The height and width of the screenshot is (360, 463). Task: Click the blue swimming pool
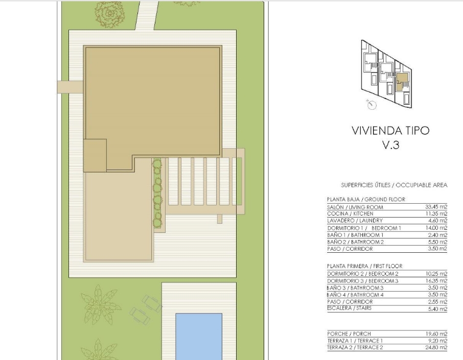click(x=199, y=337)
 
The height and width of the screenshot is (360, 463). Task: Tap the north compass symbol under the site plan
click(x=372, y=105)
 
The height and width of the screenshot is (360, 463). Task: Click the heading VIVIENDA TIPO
click(x=390, y=130)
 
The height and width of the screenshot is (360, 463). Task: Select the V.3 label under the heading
click(x=390, y=145)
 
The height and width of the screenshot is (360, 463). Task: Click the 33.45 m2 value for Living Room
click(x=436, y=207)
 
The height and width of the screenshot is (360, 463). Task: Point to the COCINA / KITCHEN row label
click(x=350, y=213)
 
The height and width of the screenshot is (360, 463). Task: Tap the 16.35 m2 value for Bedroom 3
click(x=436, y=281)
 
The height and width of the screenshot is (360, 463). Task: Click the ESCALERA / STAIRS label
click(x=350, y=308)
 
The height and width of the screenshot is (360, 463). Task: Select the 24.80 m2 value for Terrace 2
click(x=436, y=347)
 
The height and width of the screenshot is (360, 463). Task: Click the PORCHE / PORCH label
click(x=349, y=334)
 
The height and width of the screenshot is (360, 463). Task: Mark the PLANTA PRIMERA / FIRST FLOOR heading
click(x=365, y=266)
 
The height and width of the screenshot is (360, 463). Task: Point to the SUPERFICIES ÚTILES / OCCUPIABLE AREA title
click(x=394, y=185)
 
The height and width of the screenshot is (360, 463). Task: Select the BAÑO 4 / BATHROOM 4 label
click(x=355, y=295)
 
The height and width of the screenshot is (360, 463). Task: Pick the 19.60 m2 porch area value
click(x=436, y=334)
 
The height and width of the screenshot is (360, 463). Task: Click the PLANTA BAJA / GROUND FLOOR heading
click(x=366, y=199)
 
